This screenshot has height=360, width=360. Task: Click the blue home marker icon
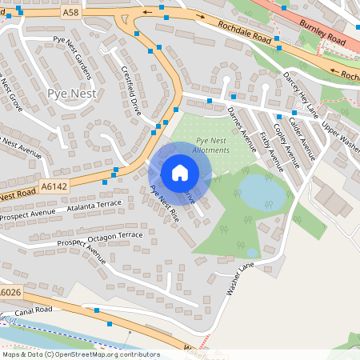click(x=180, y=173)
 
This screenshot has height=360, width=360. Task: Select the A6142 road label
click(x=53, y=186)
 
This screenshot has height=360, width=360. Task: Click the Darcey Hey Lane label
click(x=299, y=88)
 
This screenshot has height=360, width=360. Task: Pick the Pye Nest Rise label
click(x=165, y=204)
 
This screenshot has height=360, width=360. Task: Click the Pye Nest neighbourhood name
click(x=72, y=94)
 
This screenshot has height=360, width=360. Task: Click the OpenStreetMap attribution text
click(x=80, y=354)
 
